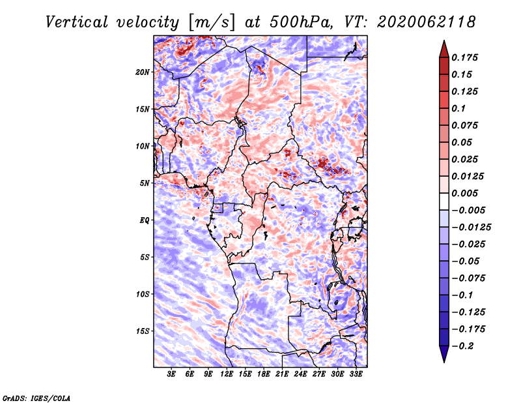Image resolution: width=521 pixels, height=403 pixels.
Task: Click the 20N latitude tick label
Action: click(x=143, y=72)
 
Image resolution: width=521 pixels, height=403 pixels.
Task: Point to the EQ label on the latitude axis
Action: click(x=145, y=220)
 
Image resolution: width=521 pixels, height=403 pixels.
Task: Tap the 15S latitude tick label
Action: click(x=143, y=331)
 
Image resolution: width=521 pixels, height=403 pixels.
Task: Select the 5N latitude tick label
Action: click(x=145, y=183)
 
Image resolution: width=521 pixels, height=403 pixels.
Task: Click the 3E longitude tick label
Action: click(x=171, y=374)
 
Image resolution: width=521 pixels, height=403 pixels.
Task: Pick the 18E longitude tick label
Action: click(x=264, y=374)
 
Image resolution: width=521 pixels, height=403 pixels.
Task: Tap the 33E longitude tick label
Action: click(x=356, y=374)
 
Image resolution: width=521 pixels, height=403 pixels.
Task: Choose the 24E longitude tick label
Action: click(x=300, y=374)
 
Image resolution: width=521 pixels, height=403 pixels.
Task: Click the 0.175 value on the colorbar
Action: click(x=464, y=57)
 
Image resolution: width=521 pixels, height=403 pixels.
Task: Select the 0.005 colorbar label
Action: click(x=464, y=193)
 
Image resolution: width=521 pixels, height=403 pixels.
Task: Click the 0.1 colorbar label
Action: click(x=458, y=108)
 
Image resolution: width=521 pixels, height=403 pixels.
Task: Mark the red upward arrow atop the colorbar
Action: click(x=444, y=49)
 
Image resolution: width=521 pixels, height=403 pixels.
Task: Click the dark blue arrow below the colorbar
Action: click(x=444, y=354)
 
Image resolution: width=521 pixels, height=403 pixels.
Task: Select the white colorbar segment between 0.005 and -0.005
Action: click(x=444, y=201)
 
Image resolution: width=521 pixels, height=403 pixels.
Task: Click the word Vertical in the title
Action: click(x=77, y=22)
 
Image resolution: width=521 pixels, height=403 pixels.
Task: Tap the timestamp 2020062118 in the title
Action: click(x=427, y=22)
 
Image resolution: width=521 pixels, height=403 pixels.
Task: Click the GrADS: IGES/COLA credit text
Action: click(x=36, y=398)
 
